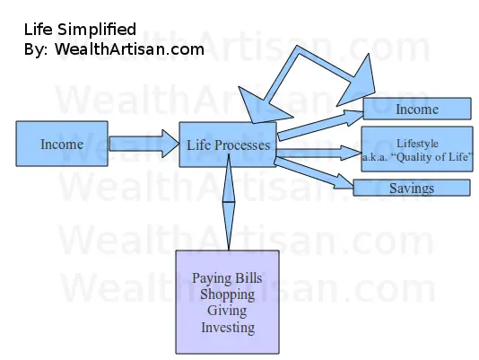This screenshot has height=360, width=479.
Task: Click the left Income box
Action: [62, 144]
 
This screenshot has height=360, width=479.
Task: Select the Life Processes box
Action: [228, 145]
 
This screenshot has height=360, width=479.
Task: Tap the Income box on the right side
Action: [417, 109]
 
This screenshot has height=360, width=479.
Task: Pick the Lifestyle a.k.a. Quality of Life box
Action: [417, 149]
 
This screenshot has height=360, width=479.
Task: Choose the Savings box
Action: [412, 188]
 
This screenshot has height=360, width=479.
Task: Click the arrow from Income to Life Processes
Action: [144, 144]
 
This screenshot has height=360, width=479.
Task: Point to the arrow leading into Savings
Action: [314, 172]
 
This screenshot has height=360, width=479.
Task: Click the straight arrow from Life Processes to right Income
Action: [320, 126]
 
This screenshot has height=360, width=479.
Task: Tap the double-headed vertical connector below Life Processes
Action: [229, 202]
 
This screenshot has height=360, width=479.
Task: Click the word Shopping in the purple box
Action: [227, 294]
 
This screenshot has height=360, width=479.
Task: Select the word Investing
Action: [228, 328]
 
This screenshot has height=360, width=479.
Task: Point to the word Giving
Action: [227, 311]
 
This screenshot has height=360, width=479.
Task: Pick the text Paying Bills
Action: [227, 278]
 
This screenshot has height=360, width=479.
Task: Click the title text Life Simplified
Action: [80, 30]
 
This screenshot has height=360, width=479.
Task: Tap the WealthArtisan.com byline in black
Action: [129, 49]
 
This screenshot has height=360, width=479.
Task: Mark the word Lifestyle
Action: [417, 143]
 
